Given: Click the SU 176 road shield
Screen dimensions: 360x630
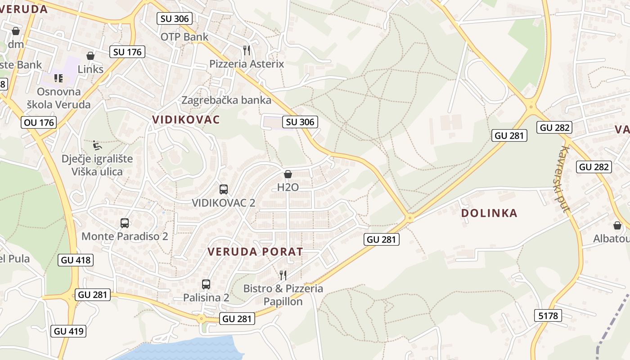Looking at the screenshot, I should [127, 52].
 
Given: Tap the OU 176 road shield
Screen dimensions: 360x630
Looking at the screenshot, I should [39, 122].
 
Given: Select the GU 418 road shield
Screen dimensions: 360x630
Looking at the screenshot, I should [75, 260].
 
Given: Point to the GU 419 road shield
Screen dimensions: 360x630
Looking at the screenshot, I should [68, 331].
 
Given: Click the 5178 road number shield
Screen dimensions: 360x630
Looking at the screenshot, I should [548, 315].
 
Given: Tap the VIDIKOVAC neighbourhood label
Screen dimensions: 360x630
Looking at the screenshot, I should [186, 120].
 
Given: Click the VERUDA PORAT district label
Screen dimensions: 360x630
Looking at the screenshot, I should [255, 252].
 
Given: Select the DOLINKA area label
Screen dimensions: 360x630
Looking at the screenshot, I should [489, 213].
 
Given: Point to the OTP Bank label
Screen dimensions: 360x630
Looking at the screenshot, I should [184, 37].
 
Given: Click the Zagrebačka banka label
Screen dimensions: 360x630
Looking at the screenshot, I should [226, 100].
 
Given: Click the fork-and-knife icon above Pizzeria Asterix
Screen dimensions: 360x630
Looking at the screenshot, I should [246, 50].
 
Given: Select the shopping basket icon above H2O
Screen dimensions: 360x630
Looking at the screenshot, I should [288, 174].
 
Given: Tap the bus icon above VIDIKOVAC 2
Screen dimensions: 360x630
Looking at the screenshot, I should [224, 189].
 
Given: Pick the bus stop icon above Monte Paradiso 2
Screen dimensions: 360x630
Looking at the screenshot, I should [125, 223].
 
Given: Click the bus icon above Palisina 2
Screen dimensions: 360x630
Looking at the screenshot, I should [206, 284].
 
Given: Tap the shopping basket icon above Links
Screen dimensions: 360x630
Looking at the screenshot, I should [90, 56].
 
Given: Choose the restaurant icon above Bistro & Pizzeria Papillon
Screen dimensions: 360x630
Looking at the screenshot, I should [283, 275].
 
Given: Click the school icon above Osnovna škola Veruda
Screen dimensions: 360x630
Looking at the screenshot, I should [58, 78].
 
